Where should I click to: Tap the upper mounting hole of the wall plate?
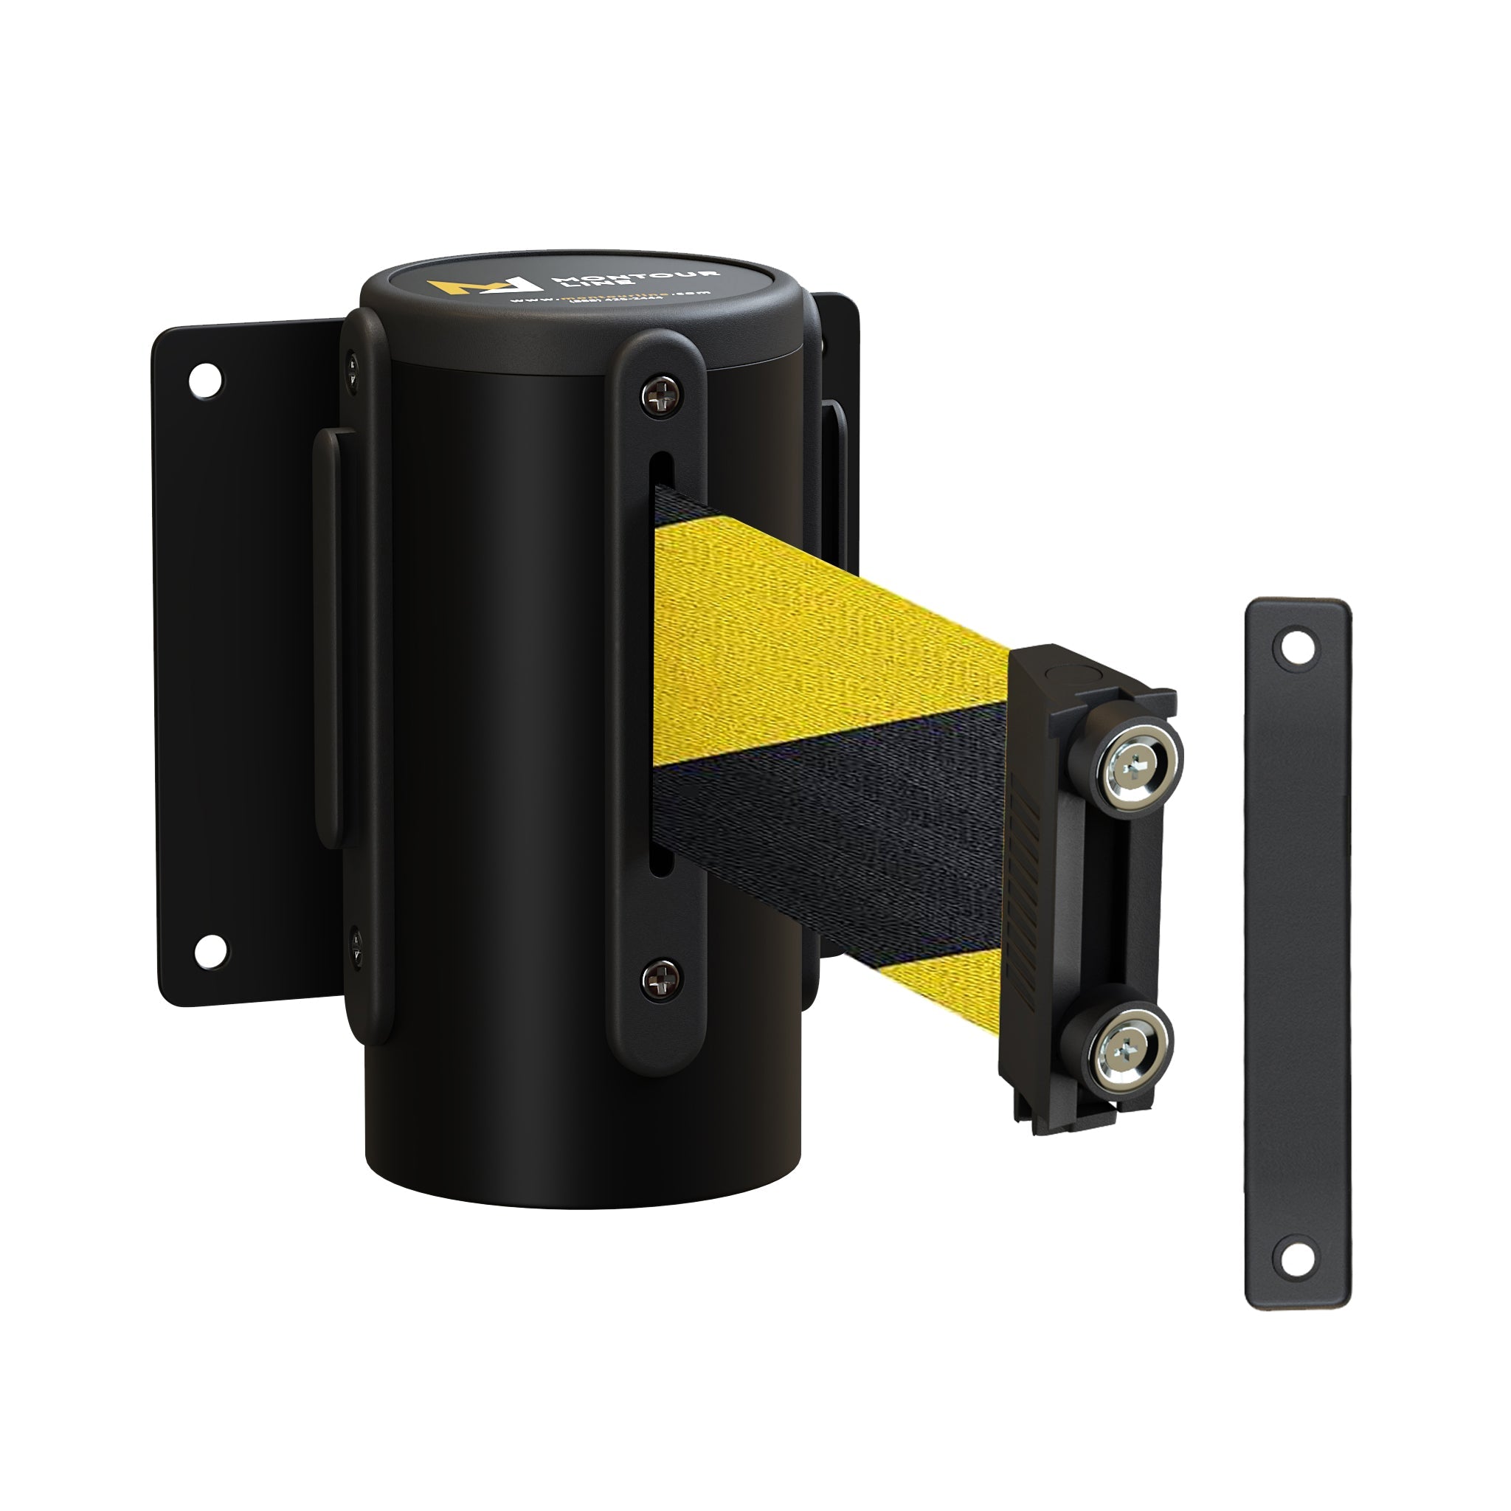(206, 380)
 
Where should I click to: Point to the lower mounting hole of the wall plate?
(210, 951)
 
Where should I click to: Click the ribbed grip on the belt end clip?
(1027, 860)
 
